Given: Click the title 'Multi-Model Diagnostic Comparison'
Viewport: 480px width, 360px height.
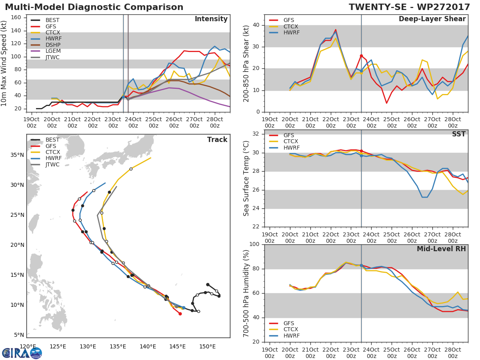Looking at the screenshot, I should coord(94,7).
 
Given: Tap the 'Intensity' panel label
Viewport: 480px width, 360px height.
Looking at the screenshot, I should coord(211,19).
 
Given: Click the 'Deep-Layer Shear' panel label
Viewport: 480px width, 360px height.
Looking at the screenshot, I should coord(432,19).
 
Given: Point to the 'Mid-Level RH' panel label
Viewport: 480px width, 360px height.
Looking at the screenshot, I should coord(441,249).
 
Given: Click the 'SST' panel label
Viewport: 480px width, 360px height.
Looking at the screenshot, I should coord(459,134).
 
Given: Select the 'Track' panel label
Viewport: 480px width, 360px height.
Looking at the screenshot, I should coord(217,140).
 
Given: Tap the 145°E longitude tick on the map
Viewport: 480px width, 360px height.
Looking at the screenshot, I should coord(178,346).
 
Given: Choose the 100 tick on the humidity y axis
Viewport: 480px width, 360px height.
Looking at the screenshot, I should coord(254,244).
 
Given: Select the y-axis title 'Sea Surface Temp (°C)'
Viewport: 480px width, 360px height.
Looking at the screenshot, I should coord(246,178).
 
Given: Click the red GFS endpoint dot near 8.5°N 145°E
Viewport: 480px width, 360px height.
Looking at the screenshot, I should coord(180,314).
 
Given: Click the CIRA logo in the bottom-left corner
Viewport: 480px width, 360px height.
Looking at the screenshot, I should coord(22,353).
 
